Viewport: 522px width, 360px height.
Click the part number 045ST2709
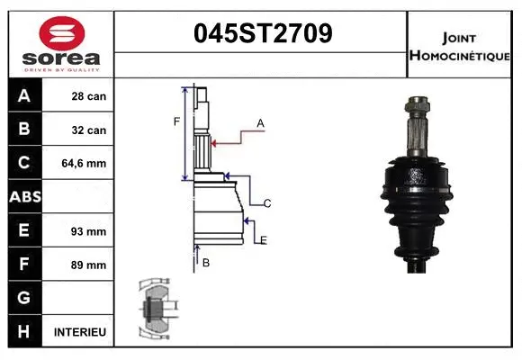(x=263, y=34)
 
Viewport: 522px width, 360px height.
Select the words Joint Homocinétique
(x=462, y=46)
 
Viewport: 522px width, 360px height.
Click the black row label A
(x=24, y=95)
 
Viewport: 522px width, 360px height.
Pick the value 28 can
(x=89, y=96)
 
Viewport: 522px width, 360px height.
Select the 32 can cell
(x=89, y=130)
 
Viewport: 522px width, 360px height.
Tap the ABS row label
(x=24, y=196)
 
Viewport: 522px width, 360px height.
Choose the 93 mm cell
(x=89, y=231)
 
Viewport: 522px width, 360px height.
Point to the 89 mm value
(x=89, y=265)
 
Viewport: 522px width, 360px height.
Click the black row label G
(x=24, y=297)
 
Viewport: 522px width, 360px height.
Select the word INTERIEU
(x=80, y=332)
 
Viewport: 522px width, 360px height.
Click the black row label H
(x=24, y=331)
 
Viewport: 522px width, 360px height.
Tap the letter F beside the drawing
(x=176, y=121)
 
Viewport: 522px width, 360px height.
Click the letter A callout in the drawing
(x=260, y=122)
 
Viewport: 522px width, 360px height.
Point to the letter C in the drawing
(x=267, y=204)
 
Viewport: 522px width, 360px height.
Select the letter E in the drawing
(x=264, y=239)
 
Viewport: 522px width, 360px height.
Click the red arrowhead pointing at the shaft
(x=215, y=141)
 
